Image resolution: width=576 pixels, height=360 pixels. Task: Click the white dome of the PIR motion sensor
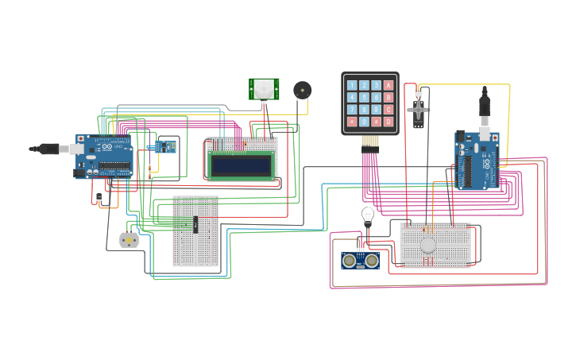point(263,90)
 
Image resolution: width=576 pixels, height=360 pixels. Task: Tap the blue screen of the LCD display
point(242,165)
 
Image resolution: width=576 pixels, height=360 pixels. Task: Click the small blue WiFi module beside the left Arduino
point(165,146)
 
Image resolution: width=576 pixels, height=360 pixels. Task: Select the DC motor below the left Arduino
point(127,238)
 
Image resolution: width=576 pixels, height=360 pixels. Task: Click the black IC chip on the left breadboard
point(195,225)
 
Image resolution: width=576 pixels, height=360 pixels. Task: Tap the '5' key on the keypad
point(364,98)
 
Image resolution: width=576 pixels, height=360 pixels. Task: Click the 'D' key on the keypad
point(389,122)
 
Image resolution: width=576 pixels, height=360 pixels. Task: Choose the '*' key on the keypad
point(351,122)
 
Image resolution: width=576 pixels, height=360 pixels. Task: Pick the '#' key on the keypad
point(377,122)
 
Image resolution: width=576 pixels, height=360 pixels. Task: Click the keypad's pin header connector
point(370,143)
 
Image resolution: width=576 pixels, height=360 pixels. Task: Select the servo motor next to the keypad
point(419,108)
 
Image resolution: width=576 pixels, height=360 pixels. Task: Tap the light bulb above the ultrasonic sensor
point(367,215)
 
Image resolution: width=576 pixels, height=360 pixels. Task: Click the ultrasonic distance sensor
point(358,260)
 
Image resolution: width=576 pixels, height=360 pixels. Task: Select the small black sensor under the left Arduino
point(99,197)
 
